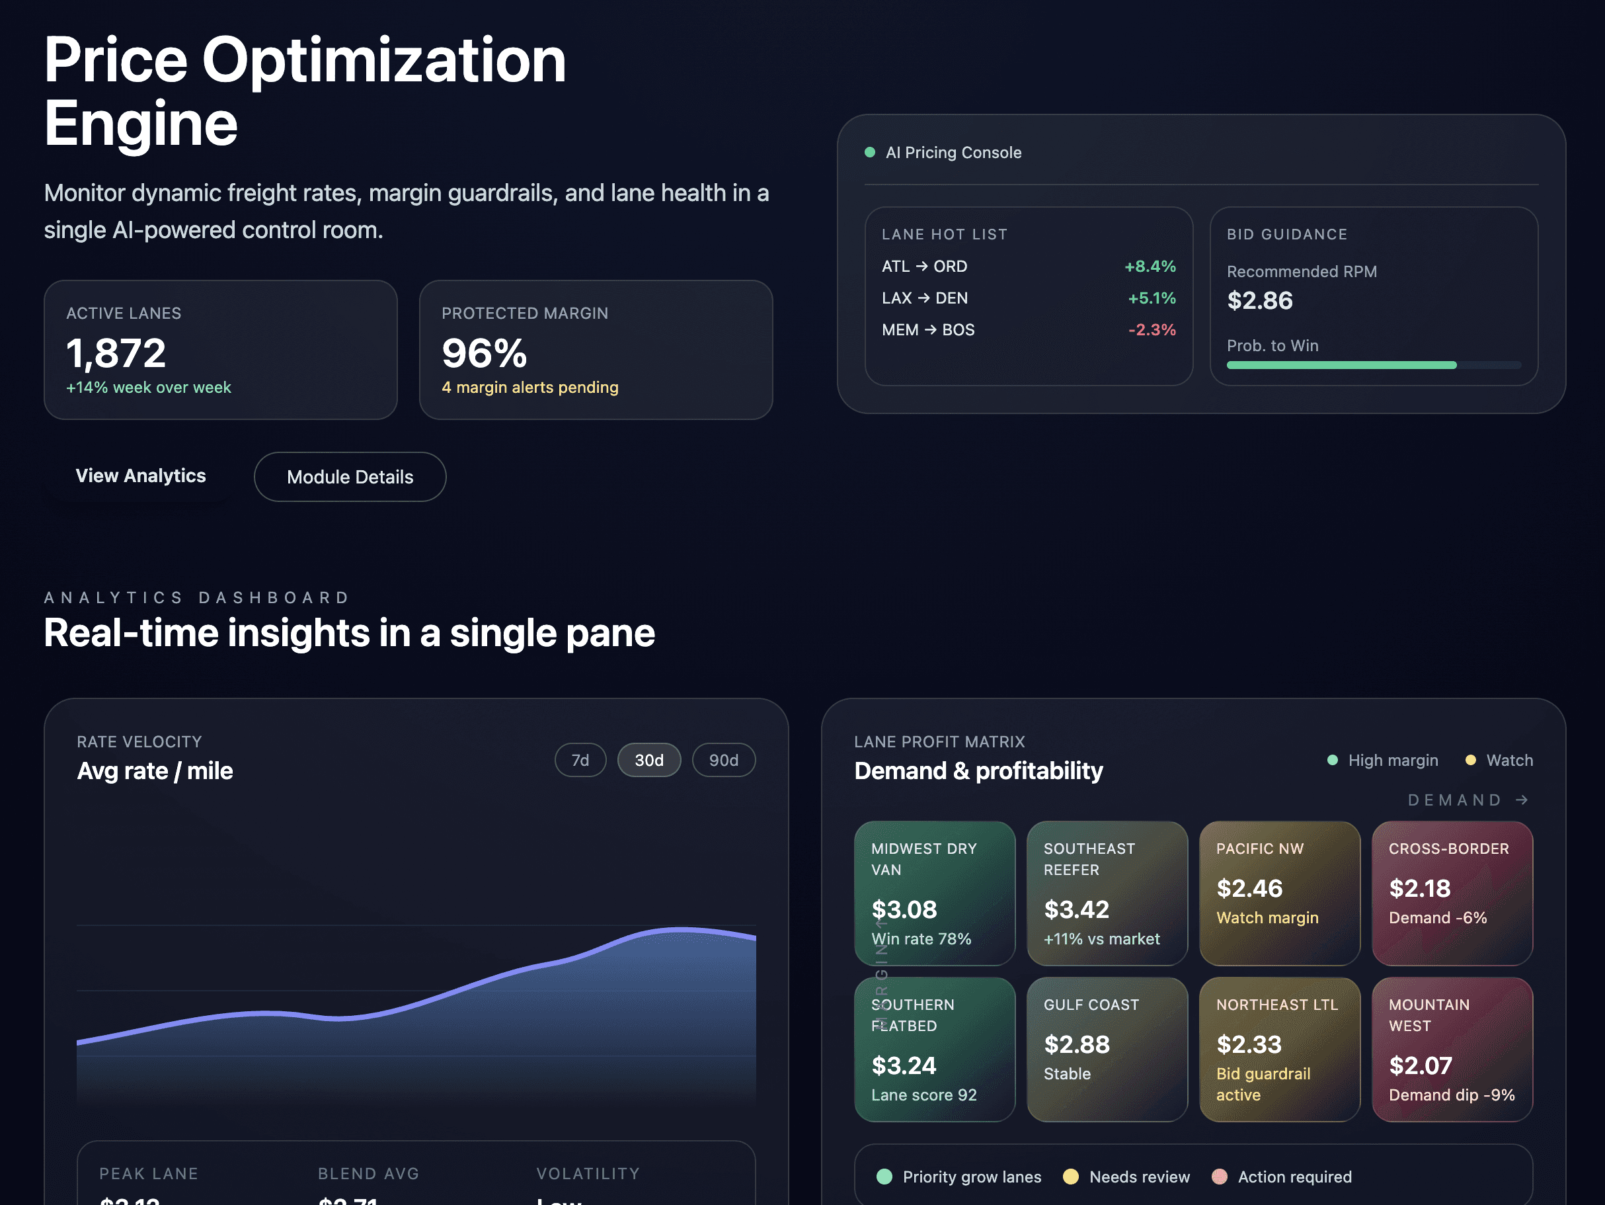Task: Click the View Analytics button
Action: pyautogui.click(x=141, y=476)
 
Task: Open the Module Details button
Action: pyautogui.click(x=350, y=477)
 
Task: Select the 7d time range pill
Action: pyautogui.click(x=580, y=760)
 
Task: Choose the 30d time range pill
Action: pyautogui.click(x=648, y=760)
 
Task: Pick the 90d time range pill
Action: pyautogui.click(x=723, y=760)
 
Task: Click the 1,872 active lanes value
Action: pyautogui.click(x=116, y=354)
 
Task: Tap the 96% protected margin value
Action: pyautogui.click(x=484, y=354)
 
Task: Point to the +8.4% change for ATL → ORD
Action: pyautogui.click(x=1150, y=267)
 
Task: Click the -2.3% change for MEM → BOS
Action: pyautogui.click(x=1152, y=329)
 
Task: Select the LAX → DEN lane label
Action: pyautogui.click(x=924, y=298)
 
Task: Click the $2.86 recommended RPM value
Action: pyautogui.click(x=1260, y=300)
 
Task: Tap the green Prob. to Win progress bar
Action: pyautogui.click(x=1341, y=365)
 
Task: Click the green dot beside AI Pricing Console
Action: pyautogui.click(x=869, y=152)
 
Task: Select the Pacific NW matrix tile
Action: pyautogui.click(x=1279, y=893)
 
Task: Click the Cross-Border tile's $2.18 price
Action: pyautogui.click(x=1419, y=888)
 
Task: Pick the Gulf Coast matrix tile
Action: pyautogui.click(x=1107, y=1049)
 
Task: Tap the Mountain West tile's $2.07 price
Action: pyautogui.click(x=1420, y=1065)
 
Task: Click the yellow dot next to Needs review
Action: pyautogui.click(x=1070, y=1177)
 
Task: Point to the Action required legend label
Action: pyautogui.click(x=1294, y=1177)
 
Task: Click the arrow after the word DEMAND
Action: pyautogui.click(x=1522, y=800)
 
